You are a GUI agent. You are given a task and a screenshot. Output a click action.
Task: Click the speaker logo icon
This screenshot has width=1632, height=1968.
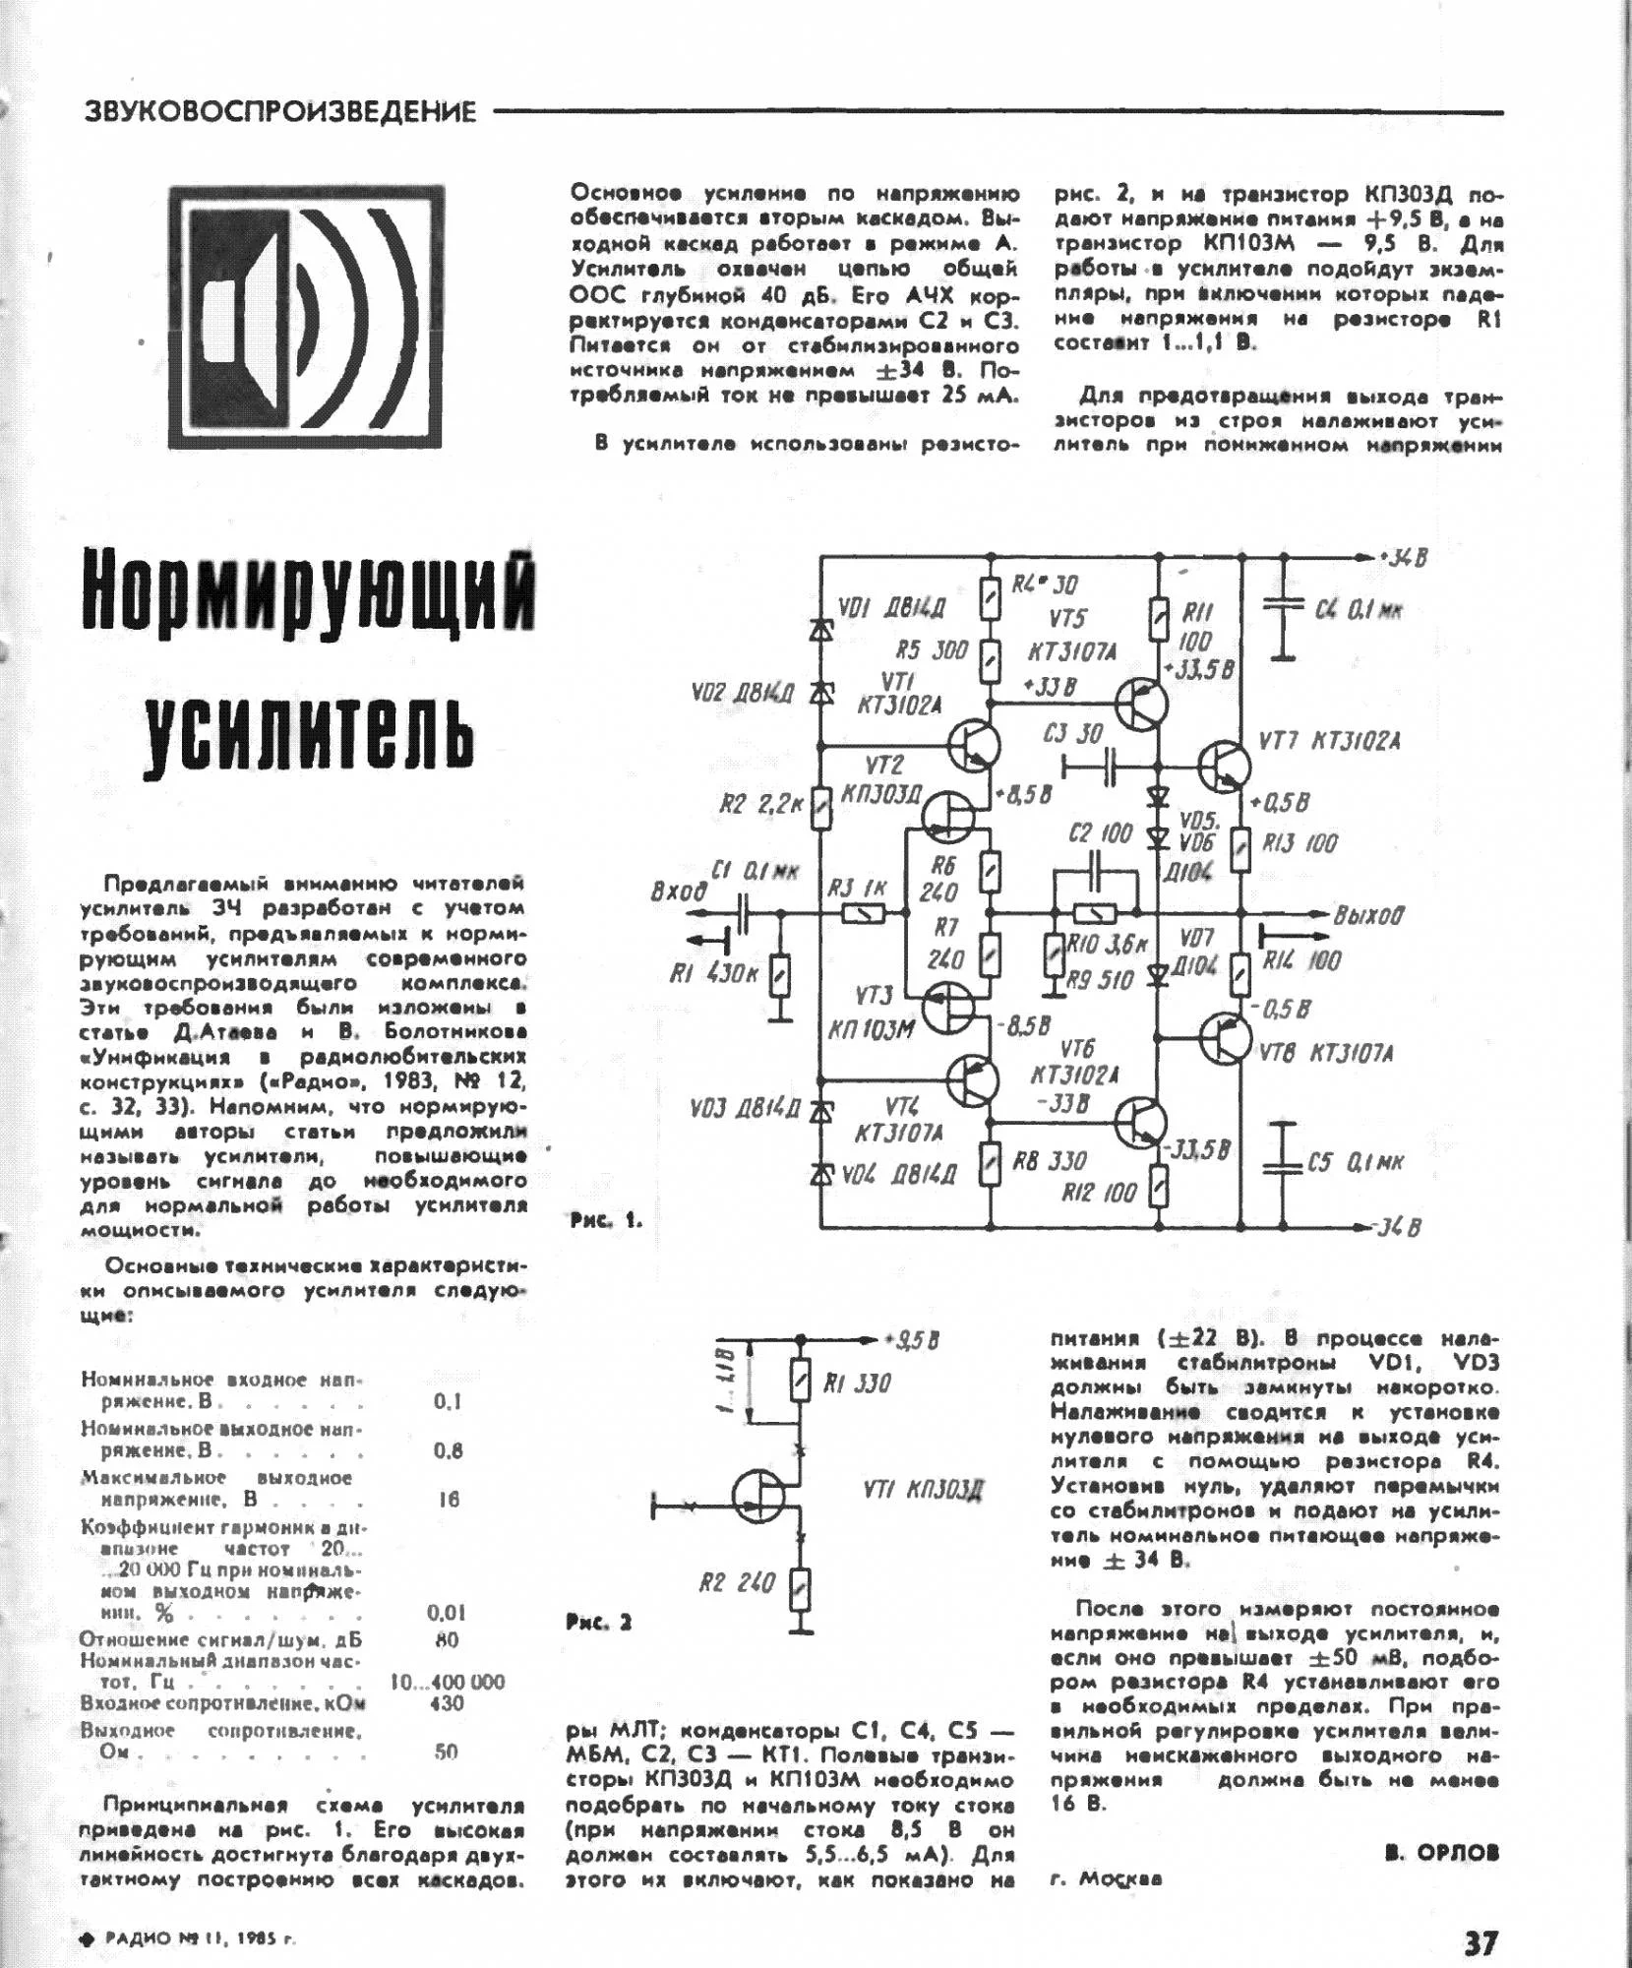[305, 317]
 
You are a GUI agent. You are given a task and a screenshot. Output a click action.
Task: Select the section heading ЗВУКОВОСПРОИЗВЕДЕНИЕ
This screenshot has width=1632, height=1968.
[280, 111]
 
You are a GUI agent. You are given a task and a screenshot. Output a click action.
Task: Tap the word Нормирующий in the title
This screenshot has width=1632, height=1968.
[309, 592]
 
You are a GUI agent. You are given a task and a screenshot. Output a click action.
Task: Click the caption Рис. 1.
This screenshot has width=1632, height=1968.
[605, 1221]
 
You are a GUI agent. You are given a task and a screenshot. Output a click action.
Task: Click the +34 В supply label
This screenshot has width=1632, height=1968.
[1402, 558]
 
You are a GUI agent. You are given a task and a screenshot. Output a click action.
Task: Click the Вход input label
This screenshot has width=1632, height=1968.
[679, 892]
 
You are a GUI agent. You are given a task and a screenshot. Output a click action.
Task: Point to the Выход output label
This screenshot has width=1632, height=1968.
[1368, 915]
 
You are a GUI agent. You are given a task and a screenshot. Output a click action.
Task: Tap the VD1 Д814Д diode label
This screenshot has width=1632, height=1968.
[892, 608]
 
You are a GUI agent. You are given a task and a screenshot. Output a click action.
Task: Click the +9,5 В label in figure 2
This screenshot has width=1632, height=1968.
[912, 1340]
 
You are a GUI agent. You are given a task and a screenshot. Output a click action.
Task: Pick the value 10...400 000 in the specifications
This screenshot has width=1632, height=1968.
[448, 1682]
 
